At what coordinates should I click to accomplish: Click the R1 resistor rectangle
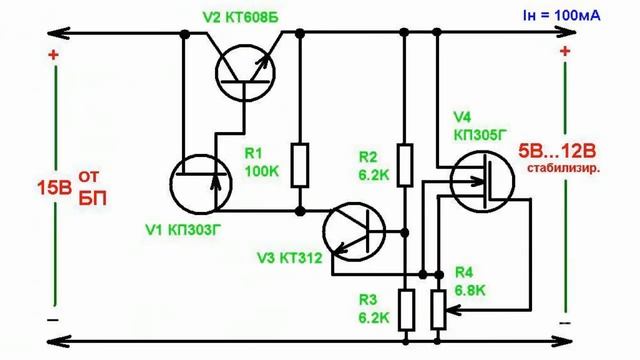[300, 160]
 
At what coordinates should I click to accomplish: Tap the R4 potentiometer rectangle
[438, 308]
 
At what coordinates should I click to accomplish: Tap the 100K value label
[261, 171]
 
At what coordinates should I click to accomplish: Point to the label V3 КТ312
[292, 259]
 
